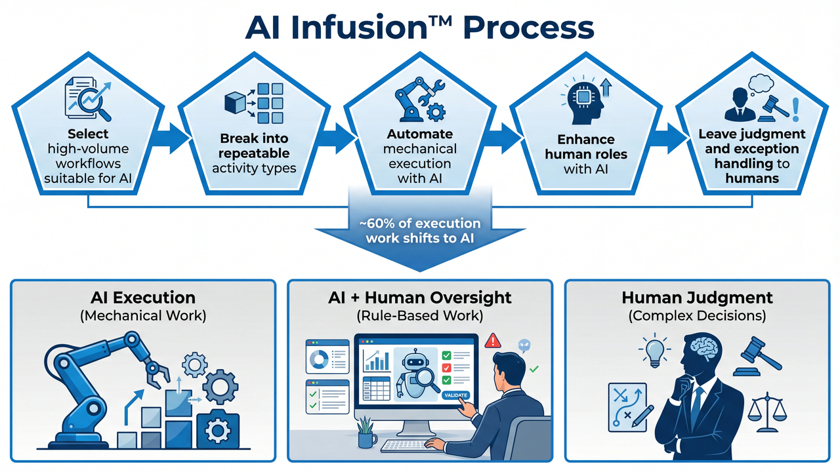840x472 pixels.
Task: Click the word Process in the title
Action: point(529,28)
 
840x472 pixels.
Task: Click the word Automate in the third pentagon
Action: point(419,134)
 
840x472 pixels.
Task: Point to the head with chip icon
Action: point(584,101)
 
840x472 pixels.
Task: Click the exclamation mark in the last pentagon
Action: point(795,109)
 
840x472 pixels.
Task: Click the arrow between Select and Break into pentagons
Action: point(170,138)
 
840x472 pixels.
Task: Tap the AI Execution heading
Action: point(143,298)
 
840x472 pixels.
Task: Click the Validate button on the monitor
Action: point(455,395)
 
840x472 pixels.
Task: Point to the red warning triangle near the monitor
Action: point(493,341)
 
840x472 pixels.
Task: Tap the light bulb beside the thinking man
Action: point(655,350)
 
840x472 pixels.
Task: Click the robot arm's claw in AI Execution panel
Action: point(157,373)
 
